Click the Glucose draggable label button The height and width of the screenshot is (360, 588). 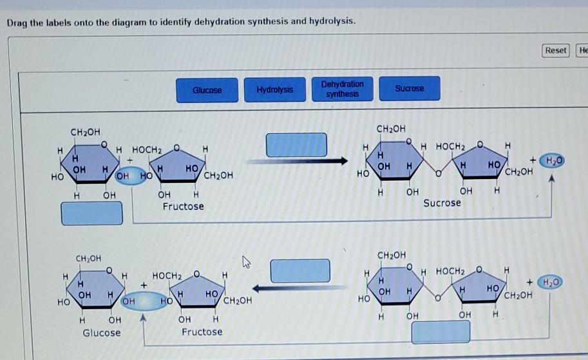coord(207,90)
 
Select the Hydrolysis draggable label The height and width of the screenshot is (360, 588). coord(274,90)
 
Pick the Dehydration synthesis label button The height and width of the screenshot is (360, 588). coord(342,89)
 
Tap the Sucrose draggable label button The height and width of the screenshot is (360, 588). coord(410,89)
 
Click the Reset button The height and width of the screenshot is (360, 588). coord(555,50)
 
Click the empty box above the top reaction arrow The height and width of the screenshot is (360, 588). coord(296,144)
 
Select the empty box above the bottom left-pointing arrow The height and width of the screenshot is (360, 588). coord(299,270)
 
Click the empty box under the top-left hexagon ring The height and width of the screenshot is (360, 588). coord(91,213)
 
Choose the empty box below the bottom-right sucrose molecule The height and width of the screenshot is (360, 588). coord(441,331)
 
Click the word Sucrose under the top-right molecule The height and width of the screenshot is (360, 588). coord(442,203)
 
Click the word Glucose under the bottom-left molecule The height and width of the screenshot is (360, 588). coord(101,332)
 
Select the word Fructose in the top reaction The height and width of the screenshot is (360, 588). coord(183,206)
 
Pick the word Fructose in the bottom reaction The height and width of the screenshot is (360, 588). coord(202,332)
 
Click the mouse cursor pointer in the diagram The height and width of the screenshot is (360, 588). coord(245,261)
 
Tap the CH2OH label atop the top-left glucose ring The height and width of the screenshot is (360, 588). coord(86,132)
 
